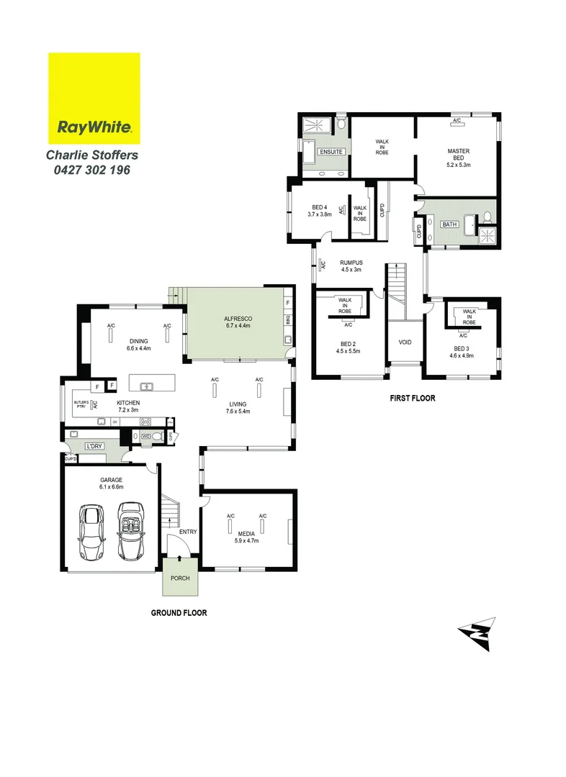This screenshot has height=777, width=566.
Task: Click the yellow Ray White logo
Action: [x=94, y=99]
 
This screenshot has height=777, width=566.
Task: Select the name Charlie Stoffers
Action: [x=92, y=155]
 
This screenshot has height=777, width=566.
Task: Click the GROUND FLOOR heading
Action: [x=179, y=613]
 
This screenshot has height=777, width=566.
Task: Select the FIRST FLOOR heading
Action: [x=413, y=397]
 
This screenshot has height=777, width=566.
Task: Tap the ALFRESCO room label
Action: [x=237, y=317]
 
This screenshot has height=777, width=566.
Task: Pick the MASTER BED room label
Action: [x=459, y=151]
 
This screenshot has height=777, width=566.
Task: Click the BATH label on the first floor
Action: [x=449, y=224]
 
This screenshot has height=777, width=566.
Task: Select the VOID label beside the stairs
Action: [x=405, y=342]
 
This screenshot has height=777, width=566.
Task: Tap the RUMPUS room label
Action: [x=351, y=263]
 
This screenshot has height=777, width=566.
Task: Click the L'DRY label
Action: [x=94, y=446]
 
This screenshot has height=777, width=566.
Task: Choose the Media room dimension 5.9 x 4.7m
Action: [x=247, y=540]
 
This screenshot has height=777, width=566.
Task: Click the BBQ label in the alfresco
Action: [x=287, y=318]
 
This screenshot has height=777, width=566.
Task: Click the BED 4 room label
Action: [x=318, y=207]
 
